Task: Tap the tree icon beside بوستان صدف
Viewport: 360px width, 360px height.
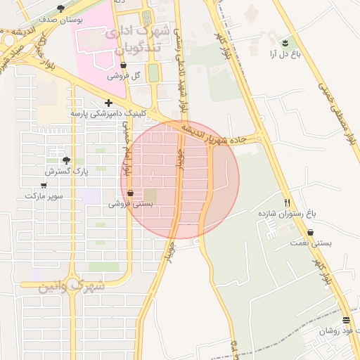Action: click(62, 8)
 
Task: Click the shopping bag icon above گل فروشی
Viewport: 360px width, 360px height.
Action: click(124, 65)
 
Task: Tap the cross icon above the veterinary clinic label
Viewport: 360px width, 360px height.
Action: click(108, 103)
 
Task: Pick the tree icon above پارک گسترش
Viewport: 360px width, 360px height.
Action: click(66, 160)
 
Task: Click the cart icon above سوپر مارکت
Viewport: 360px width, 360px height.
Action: click(44, 185)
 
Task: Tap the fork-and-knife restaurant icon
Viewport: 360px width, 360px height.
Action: click(288, 201)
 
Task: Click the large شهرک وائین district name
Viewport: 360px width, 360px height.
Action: click(63, 288)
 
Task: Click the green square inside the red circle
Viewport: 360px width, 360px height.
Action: click(150, 196)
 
